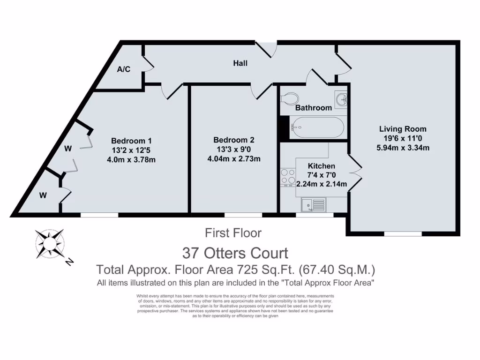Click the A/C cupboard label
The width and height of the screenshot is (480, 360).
point(124,69)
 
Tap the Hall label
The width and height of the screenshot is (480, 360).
point(240,63)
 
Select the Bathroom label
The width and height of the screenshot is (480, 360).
point(314,107)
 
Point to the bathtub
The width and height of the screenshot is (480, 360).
point(317,127)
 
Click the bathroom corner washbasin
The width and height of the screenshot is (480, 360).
point(341,98)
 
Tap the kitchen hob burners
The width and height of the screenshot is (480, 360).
point(287,178)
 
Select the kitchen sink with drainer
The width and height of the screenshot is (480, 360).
point(313,205)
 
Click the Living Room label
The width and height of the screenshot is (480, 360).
point(403,129)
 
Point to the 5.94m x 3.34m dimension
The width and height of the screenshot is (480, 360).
point(403,148)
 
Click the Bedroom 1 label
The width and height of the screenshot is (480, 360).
point(131,140)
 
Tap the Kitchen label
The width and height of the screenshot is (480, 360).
point(322,166)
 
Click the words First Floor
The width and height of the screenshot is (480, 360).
point(233,232)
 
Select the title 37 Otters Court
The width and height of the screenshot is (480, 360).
point(235,253)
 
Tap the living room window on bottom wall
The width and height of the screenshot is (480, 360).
point(403,233)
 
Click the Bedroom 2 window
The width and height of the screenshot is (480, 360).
point(243,215)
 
